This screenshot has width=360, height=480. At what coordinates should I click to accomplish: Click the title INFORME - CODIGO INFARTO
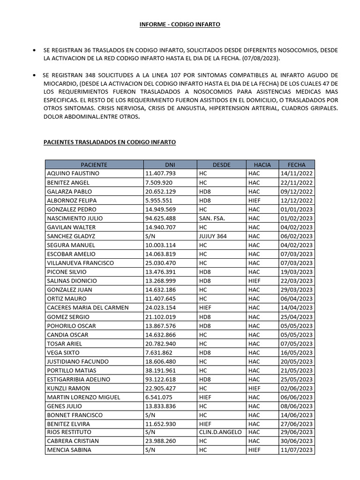click(180, 24)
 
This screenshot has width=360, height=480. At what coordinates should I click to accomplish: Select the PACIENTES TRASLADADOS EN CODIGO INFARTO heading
click(110, 142)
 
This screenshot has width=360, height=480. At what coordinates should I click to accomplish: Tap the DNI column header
click(170, 165)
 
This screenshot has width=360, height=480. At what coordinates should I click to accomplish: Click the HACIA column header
click(262, 165)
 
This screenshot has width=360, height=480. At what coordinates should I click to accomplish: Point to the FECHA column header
click(296, 165)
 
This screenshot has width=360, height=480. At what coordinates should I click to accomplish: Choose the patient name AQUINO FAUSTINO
click(73, 173)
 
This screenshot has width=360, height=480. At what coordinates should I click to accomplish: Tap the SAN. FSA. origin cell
click(212, 218)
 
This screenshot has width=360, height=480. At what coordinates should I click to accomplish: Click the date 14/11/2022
click(296, 173)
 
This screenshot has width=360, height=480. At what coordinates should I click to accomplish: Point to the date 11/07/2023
click(296, 450)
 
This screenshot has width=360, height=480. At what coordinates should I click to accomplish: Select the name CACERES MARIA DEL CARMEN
click(88, 307)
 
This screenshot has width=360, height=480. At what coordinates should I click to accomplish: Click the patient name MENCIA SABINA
click(69, 450)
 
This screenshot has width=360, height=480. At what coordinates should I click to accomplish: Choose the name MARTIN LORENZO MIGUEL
click(83, 397)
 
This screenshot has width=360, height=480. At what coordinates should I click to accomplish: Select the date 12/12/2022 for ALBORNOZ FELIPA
click(296, 200)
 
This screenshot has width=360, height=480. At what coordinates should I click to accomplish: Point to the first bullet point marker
click(35, 50)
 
